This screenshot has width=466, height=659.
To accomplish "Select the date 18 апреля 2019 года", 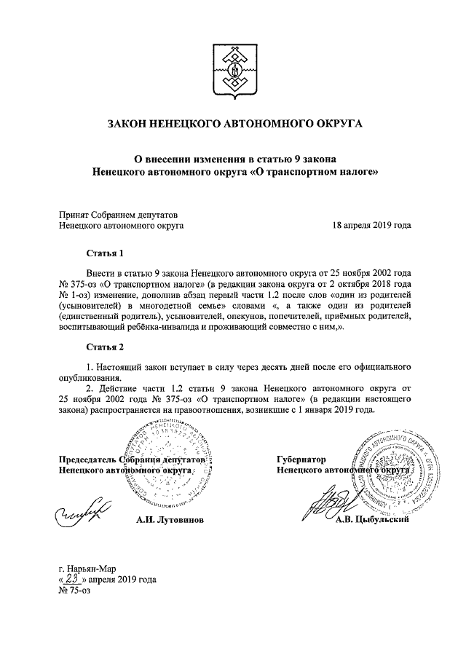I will (371, 226).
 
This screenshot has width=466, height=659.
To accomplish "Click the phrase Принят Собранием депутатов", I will (117, 214).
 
